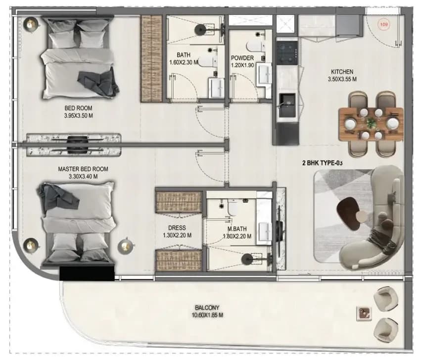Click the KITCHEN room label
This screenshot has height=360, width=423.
click(x=342, y=72)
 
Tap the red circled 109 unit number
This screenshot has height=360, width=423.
click(x=383, y=25)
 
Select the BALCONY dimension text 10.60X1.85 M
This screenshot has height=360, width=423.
click(x=207, y=315)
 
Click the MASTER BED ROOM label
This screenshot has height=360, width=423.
click(x=83, y=169)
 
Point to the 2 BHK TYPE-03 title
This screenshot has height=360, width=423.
click(x=323, y=163)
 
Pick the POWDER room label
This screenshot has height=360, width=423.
click(x=242, y=58)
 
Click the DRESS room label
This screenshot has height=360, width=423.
click(x=177, y=228)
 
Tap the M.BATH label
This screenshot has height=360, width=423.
click(x=237, y=229)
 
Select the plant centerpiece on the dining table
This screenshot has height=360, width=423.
click(x=372, y=123)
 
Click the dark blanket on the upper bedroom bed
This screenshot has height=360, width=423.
click(x=98, y=82)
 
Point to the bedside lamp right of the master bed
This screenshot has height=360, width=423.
click(x=125, y=246)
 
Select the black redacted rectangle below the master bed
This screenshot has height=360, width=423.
click(x=87, y=273)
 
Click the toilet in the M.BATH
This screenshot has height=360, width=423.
click(x=232, y=206)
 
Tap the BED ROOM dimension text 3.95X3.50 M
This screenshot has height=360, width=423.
click(x=79, y=115)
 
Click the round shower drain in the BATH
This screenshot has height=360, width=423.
click(x=201, y=29)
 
